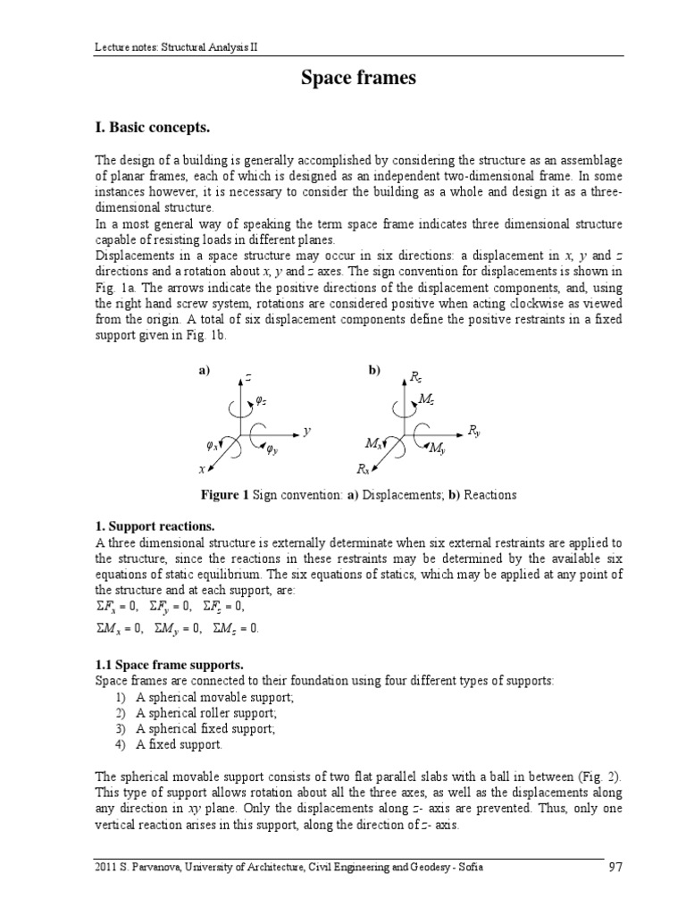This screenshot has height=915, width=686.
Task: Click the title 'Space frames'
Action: (357, 79)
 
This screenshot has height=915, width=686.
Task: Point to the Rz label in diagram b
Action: (416, 379)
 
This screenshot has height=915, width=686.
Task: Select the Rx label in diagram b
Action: (363, 468)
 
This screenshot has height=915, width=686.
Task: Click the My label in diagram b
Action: (437, 449)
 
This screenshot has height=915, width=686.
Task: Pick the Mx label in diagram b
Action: (373, 443)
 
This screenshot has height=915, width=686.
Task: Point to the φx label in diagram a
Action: (212, 444)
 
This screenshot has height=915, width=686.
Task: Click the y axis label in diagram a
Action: (306, 431)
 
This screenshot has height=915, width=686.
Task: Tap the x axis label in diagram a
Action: (202, 468)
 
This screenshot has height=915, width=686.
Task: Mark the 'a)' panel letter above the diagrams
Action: (204, 370)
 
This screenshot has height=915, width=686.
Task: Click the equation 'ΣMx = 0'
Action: (121, 629)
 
